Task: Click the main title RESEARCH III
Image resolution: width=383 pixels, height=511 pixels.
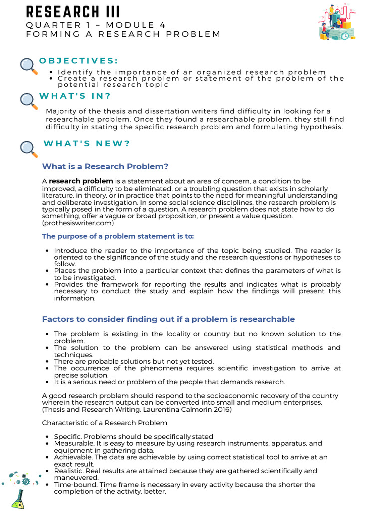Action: (73, 11)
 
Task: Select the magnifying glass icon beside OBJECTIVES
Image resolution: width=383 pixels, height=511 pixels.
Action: (29, 66)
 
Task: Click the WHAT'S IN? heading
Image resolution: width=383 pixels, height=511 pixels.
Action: (75, 96)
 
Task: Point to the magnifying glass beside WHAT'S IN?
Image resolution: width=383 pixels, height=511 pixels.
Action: (29, 101)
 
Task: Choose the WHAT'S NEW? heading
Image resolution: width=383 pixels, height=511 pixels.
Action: (87, 144)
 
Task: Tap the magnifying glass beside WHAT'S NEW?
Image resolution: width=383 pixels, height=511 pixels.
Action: (29, 149)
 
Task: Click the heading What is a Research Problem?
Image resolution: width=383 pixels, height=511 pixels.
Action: (105, 166)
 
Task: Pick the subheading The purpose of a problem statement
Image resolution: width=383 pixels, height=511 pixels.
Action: (118, 236)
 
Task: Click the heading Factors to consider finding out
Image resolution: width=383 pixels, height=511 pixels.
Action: (168, 319)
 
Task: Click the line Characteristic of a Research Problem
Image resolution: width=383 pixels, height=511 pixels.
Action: (104, 423)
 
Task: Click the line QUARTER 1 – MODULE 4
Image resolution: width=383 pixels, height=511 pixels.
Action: (96, 25)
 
